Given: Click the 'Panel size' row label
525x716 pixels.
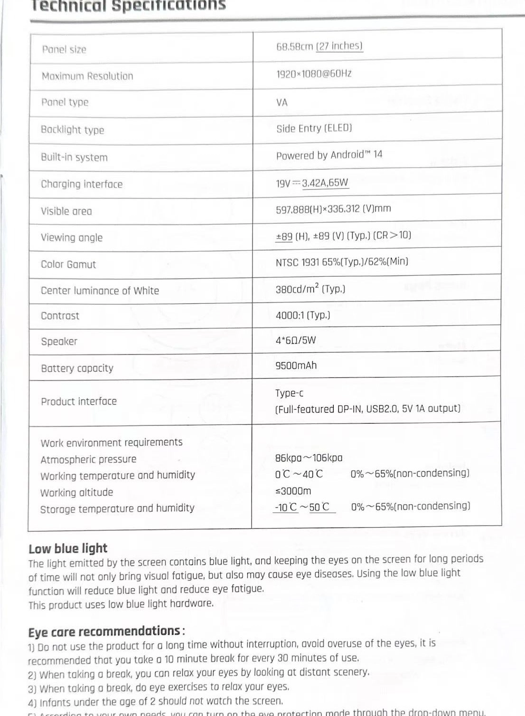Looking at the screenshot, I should coord(64,49).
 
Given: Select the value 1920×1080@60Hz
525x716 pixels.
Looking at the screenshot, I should coord(314,74).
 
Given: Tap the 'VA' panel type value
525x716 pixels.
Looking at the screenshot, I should coord(282,103).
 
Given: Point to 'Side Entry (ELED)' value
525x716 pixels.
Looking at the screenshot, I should coord(314,128).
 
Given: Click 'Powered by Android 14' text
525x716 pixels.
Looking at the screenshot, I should coord(329,155).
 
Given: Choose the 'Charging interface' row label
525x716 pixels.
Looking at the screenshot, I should coord(82,184).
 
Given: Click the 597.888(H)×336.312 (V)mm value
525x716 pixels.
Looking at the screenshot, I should coord(333,209).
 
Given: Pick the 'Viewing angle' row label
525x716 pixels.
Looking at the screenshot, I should coord(72,237).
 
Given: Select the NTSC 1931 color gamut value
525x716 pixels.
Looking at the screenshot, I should coord(342,262).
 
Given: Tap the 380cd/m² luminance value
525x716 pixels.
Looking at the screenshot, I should coord(310,289).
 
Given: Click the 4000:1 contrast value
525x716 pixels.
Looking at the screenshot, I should coord(303,315).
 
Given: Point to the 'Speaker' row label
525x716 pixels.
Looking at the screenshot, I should coord(59,341).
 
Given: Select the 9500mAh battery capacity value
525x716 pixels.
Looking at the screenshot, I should coord(296,366).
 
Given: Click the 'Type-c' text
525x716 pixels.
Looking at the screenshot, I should coord(289,393).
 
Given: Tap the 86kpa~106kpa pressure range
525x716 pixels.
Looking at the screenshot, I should coord(309,458).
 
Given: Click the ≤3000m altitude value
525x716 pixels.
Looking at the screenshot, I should coord(293,491).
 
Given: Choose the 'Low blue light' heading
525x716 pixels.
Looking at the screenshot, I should coord(68,548).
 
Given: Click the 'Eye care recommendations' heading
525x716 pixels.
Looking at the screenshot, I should coord(105,631).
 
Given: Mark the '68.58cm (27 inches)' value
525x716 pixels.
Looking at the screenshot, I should coord(319,47).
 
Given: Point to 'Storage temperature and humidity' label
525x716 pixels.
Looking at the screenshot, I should coord(117,509).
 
